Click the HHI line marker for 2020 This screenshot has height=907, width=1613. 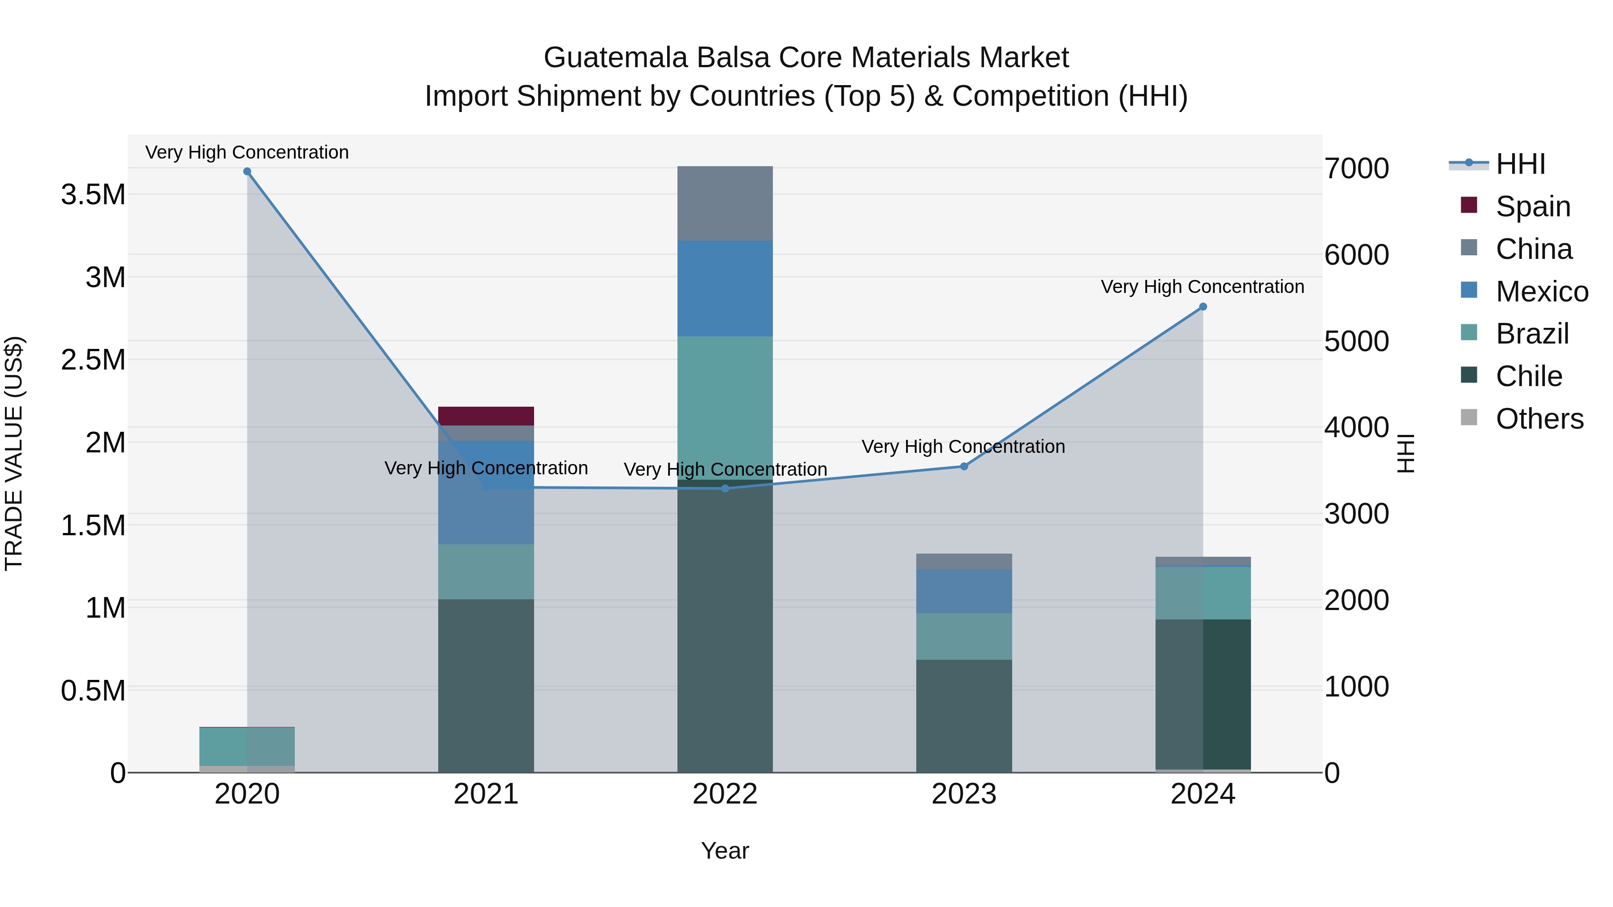pos(247,172)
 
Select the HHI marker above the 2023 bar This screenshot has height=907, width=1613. pos(964,466)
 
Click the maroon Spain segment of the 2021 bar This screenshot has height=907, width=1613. pos(486,416)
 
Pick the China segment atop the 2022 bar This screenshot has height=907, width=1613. pos(725,203)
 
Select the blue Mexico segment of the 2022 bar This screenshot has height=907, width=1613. pos(725,288)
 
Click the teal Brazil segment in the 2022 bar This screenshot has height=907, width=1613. pos(725,407)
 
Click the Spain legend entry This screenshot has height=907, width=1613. pos(1533,206)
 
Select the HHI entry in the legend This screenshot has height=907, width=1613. pos(1520,164)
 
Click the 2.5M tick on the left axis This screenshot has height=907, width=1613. pos(93,360)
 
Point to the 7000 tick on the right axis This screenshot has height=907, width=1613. pos(1356,168)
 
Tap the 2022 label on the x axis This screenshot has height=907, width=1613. pos(725,794)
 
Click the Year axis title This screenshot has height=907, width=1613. pos(725,851)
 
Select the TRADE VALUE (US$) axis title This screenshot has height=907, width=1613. pos(14,453)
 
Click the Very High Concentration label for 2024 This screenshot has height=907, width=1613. pos(1202,287)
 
